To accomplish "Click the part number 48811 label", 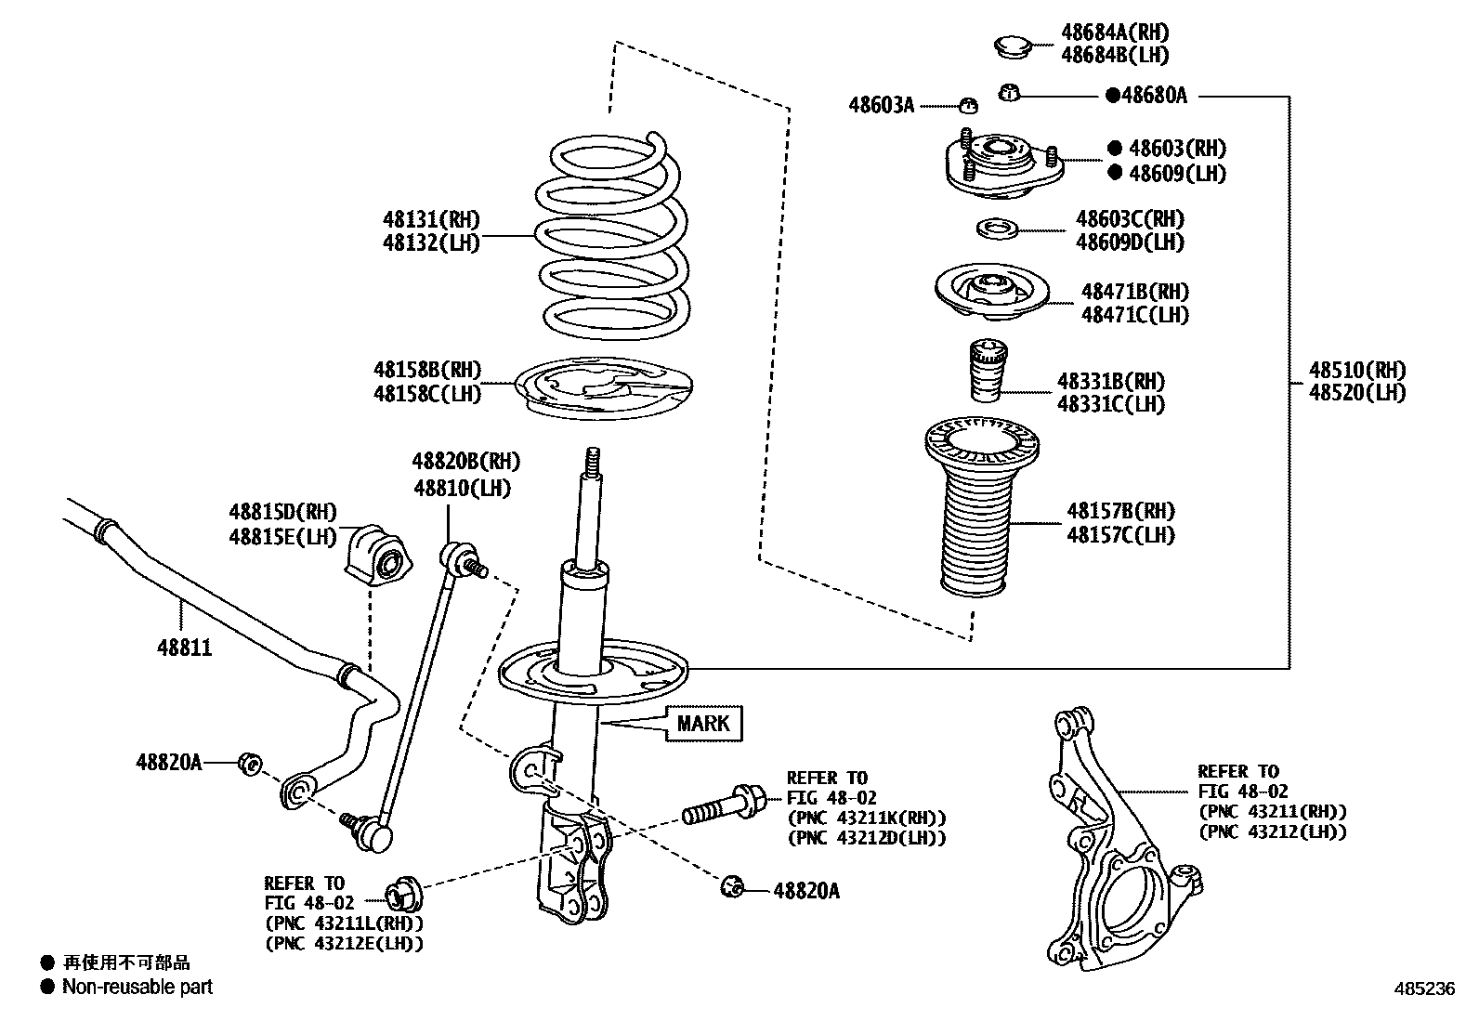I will pyautogui.click(x=184, y=648).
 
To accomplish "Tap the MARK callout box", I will pyautogui.click(x=703, y=723).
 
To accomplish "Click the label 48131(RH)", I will pyautogui.click(x=431, y=220).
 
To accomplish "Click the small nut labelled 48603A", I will pyautogui.click(x=966, y=105).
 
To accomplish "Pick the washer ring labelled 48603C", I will pyautogui.click(x=997, y=229).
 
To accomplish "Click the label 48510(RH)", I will pyautogui.click(x=1357, y=370).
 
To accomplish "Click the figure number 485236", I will pyautogui.click(x=1422, y=990).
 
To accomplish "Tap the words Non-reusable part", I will pyautogui.click(x=137, y=988).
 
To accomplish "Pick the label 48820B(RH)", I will pyautogui.click(x=466, y=462).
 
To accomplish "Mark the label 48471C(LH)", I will pyautogui.click(x=1134, y=315).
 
